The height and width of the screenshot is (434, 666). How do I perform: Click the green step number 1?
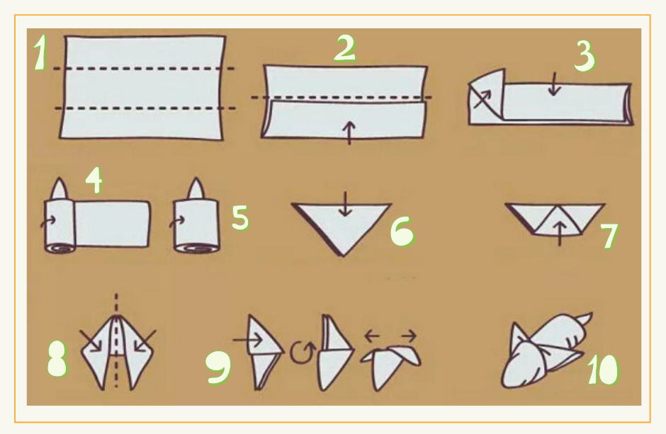40,52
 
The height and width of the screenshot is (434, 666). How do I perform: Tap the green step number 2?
345,48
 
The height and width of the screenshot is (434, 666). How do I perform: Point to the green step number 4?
94,181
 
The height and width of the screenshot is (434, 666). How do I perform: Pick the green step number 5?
240,217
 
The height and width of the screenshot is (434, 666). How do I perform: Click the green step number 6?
402,232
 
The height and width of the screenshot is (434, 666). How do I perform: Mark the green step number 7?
610,236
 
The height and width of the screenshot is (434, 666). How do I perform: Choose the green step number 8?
57,359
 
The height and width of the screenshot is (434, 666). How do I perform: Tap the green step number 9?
218,367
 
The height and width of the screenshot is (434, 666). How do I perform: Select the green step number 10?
604,369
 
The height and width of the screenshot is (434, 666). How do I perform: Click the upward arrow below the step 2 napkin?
349,133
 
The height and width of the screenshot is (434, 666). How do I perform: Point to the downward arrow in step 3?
554,84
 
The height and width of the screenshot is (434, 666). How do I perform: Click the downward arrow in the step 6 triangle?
345,204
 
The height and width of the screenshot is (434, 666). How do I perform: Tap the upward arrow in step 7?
560,234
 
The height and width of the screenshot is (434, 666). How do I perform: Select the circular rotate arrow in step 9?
303,352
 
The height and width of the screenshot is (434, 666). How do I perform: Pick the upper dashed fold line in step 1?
145,68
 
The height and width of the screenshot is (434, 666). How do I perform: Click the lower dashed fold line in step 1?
145,108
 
